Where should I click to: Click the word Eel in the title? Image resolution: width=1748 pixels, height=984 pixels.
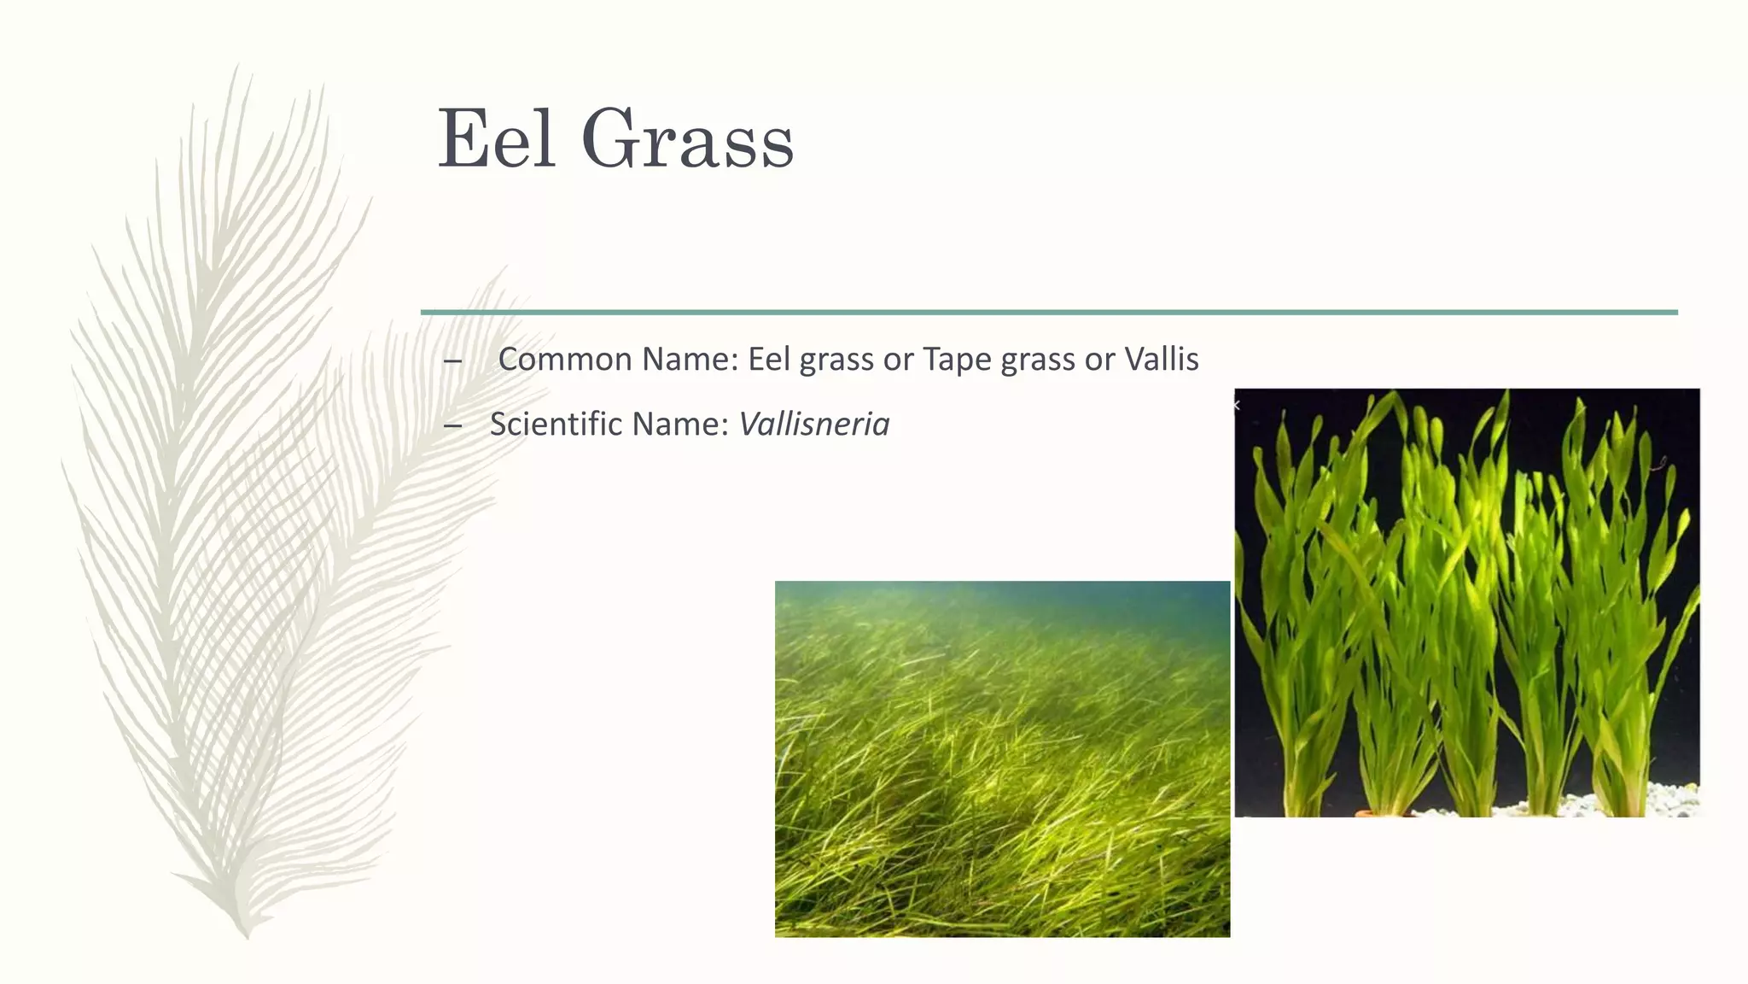coord(496,139)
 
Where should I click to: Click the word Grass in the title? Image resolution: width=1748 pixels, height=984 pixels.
coord(687,139)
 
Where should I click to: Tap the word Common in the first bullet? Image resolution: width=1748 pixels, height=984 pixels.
coord(564,360)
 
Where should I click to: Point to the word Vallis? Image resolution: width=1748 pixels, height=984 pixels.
coord(1161,360)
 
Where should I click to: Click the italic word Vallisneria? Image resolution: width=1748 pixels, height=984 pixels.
coord(813,425)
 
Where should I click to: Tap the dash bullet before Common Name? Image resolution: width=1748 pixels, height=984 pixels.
coord(452,361)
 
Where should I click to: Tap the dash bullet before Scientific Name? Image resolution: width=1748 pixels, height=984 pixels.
coord(452,425)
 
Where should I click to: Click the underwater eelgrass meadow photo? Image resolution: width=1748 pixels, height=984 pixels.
coord(1002,769)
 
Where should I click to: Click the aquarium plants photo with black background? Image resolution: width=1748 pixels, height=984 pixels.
coord(1466,598)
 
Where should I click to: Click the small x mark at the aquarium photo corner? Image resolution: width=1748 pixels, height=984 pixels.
coord(1237,406)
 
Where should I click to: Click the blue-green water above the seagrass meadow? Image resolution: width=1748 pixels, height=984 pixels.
coord(1002,602)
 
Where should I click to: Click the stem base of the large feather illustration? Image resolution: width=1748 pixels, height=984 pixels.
coord(246,931)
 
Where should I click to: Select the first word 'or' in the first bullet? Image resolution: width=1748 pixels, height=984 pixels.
coord(898,360)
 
